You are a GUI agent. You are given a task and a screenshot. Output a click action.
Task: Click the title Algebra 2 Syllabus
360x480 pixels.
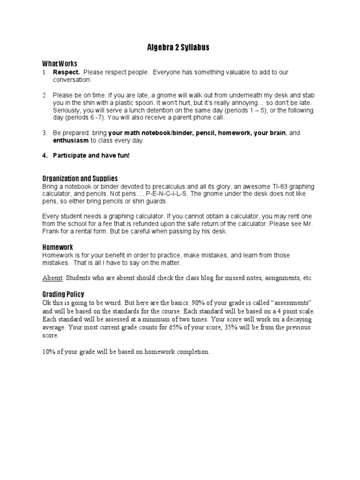click(x=180, y=47)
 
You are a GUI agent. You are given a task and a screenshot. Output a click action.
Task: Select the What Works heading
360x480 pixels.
click(x=60, y=64)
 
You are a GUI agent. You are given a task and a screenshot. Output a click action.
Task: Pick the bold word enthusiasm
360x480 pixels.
click(x=70, y=141)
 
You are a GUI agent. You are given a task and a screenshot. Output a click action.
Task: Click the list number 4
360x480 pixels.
click(x=45, y=155)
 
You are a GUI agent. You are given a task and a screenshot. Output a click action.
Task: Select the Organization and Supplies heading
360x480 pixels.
click(x=80, y=179)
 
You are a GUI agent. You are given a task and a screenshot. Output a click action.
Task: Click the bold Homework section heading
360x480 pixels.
click(x=58, y=247)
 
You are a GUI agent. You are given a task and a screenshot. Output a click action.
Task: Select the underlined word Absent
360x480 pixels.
click(x=52, y=278)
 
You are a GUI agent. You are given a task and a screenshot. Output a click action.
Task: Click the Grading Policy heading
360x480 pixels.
click(x=63, y=294)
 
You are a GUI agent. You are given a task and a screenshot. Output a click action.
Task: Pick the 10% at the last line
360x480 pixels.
click(x=49, y=352)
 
